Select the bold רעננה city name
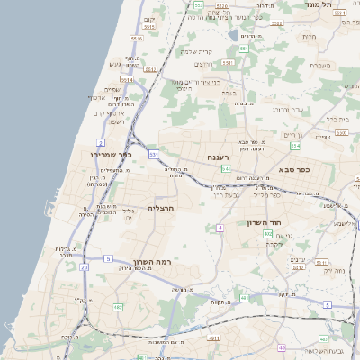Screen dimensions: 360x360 [220, 157]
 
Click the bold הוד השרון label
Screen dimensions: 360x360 [264, 222]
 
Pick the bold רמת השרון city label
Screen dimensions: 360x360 [152, 262]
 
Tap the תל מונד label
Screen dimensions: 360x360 [345, 4]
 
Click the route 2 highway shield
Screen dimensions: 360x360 [101, 143]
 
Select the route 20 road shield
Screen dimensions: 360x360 [84, 266]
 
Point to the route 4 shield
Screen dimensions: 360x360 [220, 228]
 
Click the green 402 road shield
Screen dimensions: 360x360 [267, 234]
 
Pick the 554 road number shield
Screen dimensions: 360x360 [295, 146]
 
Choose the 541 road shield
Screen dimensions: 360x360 [227, 168]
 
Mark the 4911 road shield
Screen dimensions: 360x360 [213, 337]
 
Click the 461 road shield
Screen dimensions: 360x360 [243, 297]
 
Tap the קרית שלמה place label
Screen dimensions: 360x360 [196, 51]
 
